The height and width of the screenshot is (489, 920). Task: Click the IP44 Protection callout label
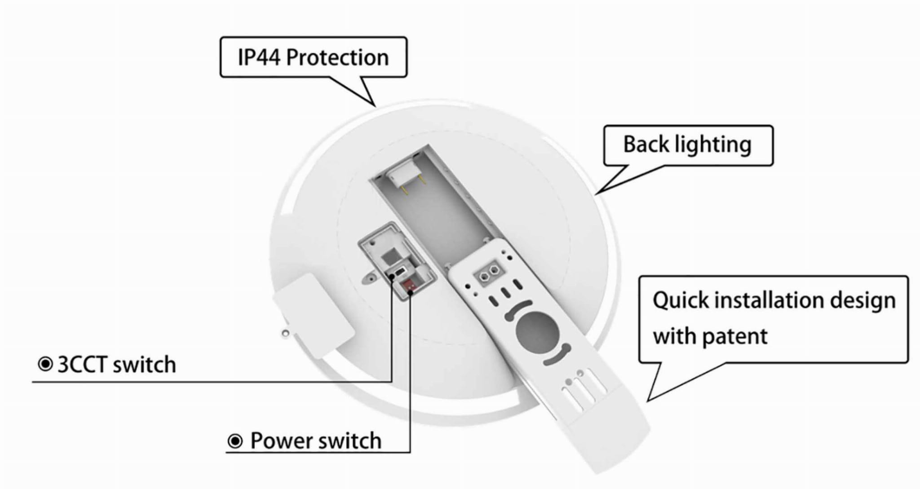313,57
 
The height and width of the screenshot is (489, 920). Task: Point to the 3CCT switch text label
117,364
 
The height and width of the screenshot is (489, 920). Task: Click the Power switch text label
316,441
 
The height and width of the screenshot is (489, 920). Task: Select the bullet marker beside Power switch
235,441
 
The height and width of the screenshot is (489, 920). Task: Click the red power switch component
409,286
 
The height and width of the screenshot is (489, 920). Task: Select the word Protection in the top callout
337,57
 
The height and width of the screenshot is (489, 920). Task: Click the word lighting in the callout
713,145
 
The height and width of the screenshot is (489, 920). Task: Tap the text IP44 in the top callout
259,57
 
